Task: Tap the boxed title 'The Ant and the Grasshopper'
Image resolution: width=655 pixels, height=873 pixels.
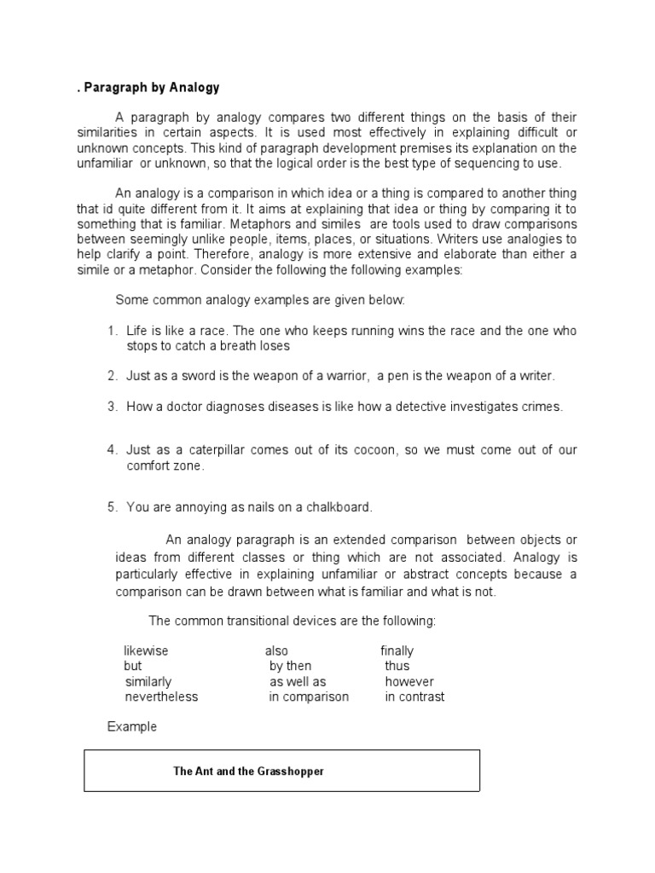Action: point(248,772)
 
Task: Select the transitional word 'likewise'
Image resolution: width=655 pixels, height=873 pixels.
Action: point(146,650)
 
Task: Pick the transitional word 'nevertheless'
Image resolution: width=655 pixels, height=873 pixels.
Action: point(161,697)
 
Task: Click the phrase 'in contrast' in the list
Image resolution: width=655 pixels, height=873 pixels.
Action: point(414,697)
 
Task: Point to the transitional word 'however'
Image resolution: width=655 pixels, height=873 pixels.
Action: point(409,681)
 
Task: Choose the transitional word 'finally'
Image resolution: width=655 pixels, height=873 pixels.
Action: point(397,650)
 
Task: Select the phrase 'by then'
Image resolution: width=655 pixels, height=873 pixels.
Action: point(290,666)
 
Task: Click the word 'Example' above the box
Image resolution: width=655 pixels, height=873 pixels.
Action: point(132,727)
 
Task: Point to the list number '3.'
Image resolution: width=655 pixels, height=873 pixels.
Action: point(113,407)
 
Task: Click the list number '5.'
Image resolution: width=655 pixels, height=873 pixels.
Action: point(113,507)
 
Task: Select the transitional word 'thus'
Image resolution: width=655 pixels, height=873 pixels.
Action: point(397,666)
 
